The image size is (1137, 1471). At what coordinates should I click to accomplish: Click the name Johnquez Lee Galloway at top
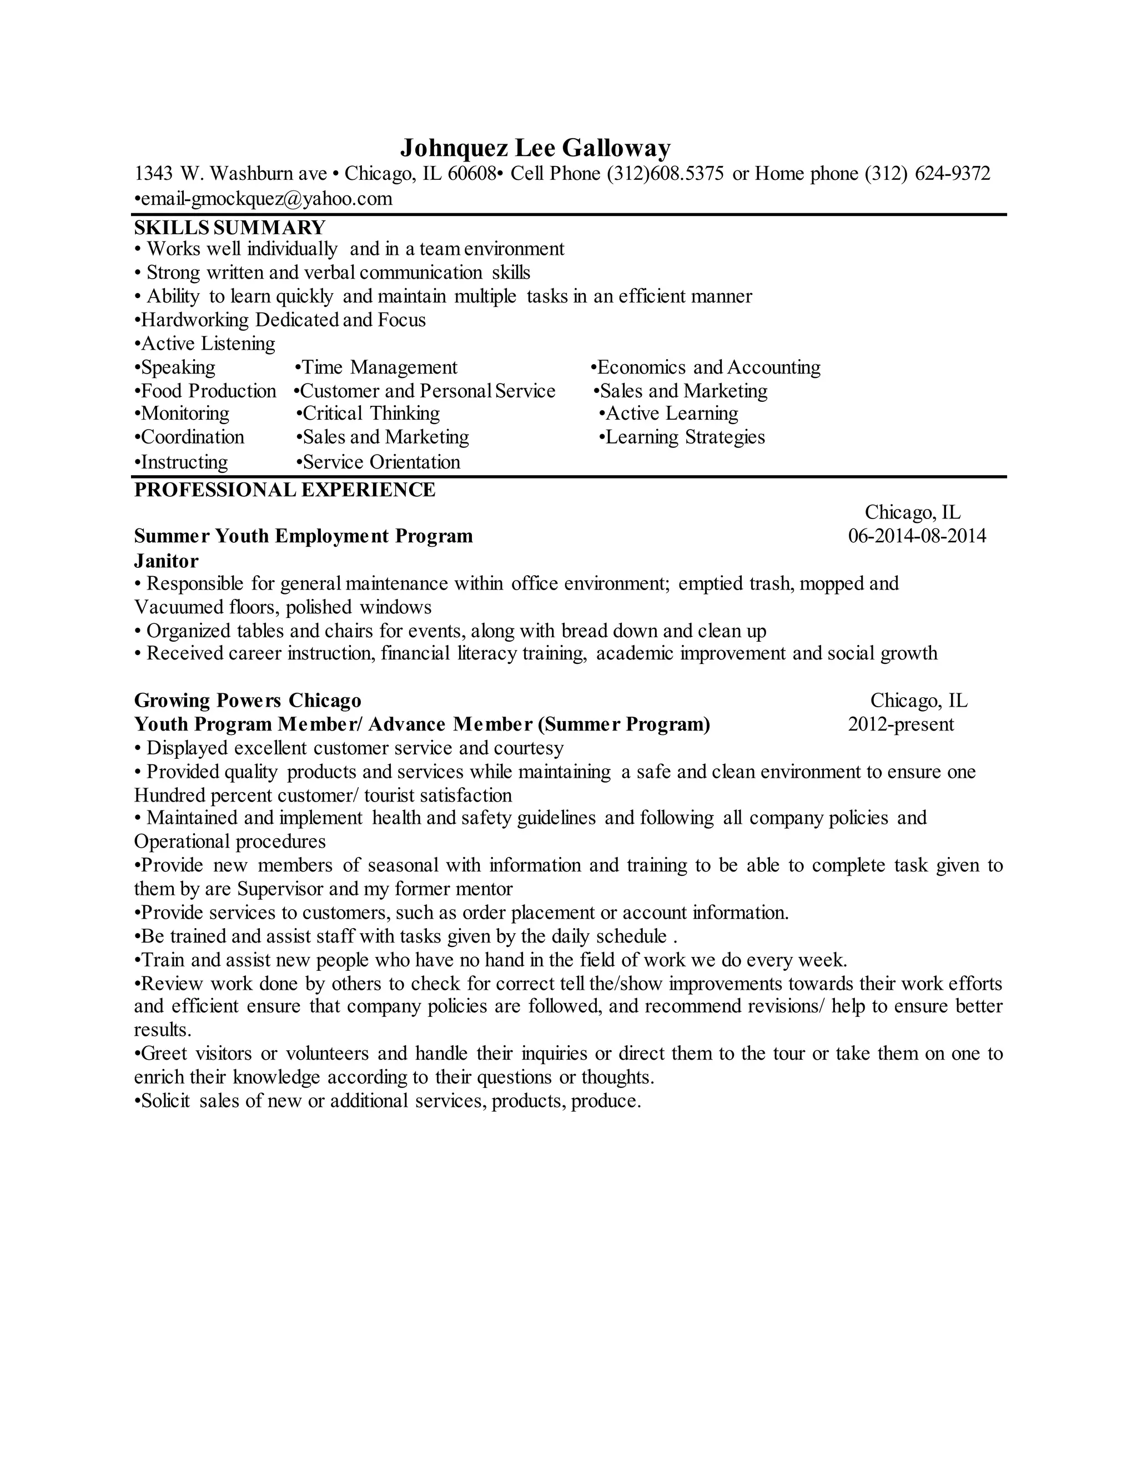tap(536, 148)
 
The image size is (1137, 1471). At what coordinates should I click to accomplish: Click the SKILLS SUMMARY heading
tap(230, 227)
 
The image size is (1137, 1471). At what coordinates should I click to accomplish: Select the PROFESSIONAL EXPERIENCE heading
tap(284, 490)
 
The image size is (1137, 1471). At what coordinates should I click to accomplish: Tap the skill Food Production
tap(208, 391)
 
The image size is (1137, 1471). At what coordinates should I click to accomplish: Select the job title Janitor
tap(167, 561)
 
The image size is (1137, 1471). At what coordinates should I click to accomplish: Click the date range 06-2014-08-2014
tap(917, 536)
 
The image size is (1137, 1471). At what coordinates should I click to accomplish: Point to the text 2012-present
tap(900, 724)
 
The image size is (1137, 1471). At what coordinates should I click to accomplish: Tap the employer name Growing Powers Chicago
tap(247, 701)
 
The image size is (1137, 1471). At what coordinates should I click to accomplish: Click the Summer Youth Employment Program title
tap(303, 536)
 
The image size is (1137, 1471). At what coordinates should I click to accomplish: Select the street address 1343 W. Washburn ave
tap(230, 174)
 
